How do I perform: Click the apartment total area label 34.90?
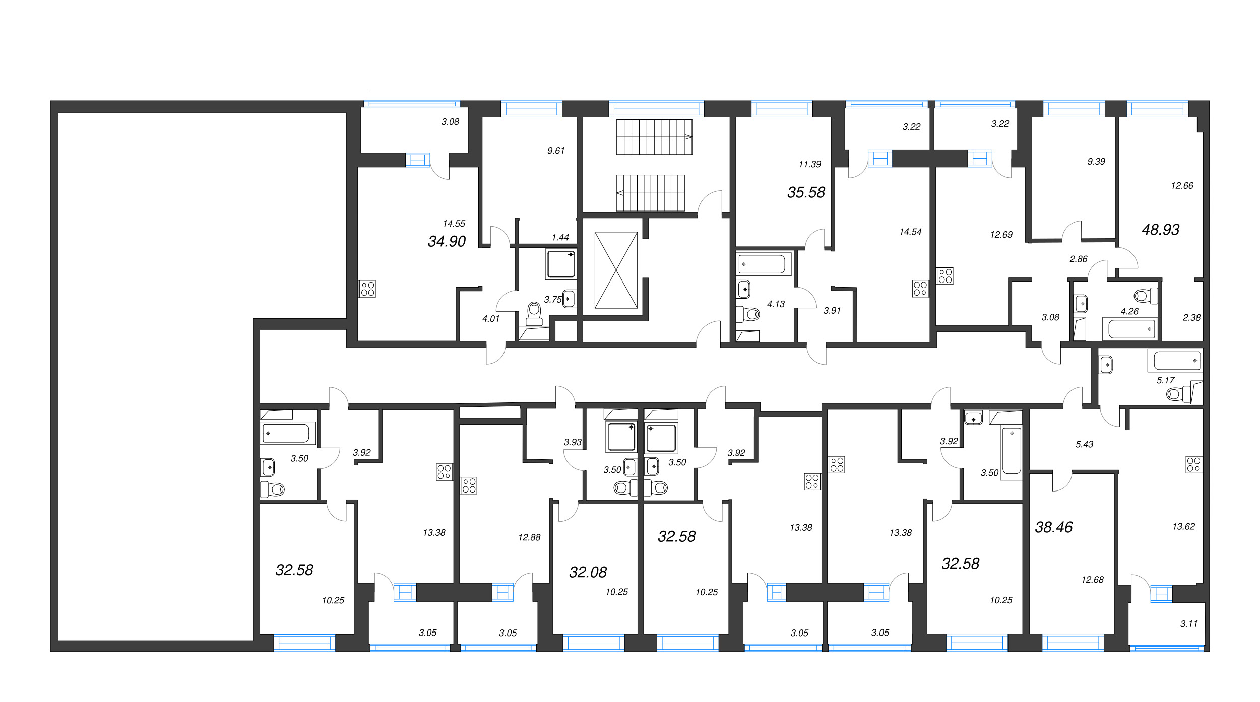[x=447, y=242]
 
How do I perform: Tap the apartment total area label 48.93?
[x=1160, y=230]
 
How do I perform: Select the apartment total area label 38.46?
[x=1053, y=527]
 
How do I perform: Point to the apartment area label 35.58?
[x=806, y=192]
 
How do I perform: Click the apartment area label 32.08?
[x=588, y=572]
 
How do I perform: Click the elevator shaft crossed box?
[x=616, y=270]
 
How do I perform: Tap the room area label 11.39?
[x=810, y=164]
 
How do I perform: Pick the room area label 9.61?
[x=556, y=151]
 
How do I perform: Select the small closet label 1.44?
[x=560, y=237]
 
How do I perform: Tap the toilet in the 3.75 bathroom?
[x=534, y=313]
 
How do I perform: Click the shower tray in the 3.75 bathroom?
[x=560, y=264]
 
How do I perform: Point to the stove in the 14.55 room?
[x=367, y=289]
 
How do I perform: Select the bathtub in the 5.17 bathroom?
[x=1177, y=361]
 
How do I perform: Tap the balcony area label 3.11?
[x=1189, y=624]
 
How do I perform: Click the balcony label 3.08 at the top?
[x=450, y=122]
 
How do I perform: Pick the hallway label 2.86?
[x=1079, y=259]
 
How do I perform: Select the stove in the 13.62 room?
[x=1194, y=464]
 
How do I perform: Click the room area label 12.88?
[x=529, y=538]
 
